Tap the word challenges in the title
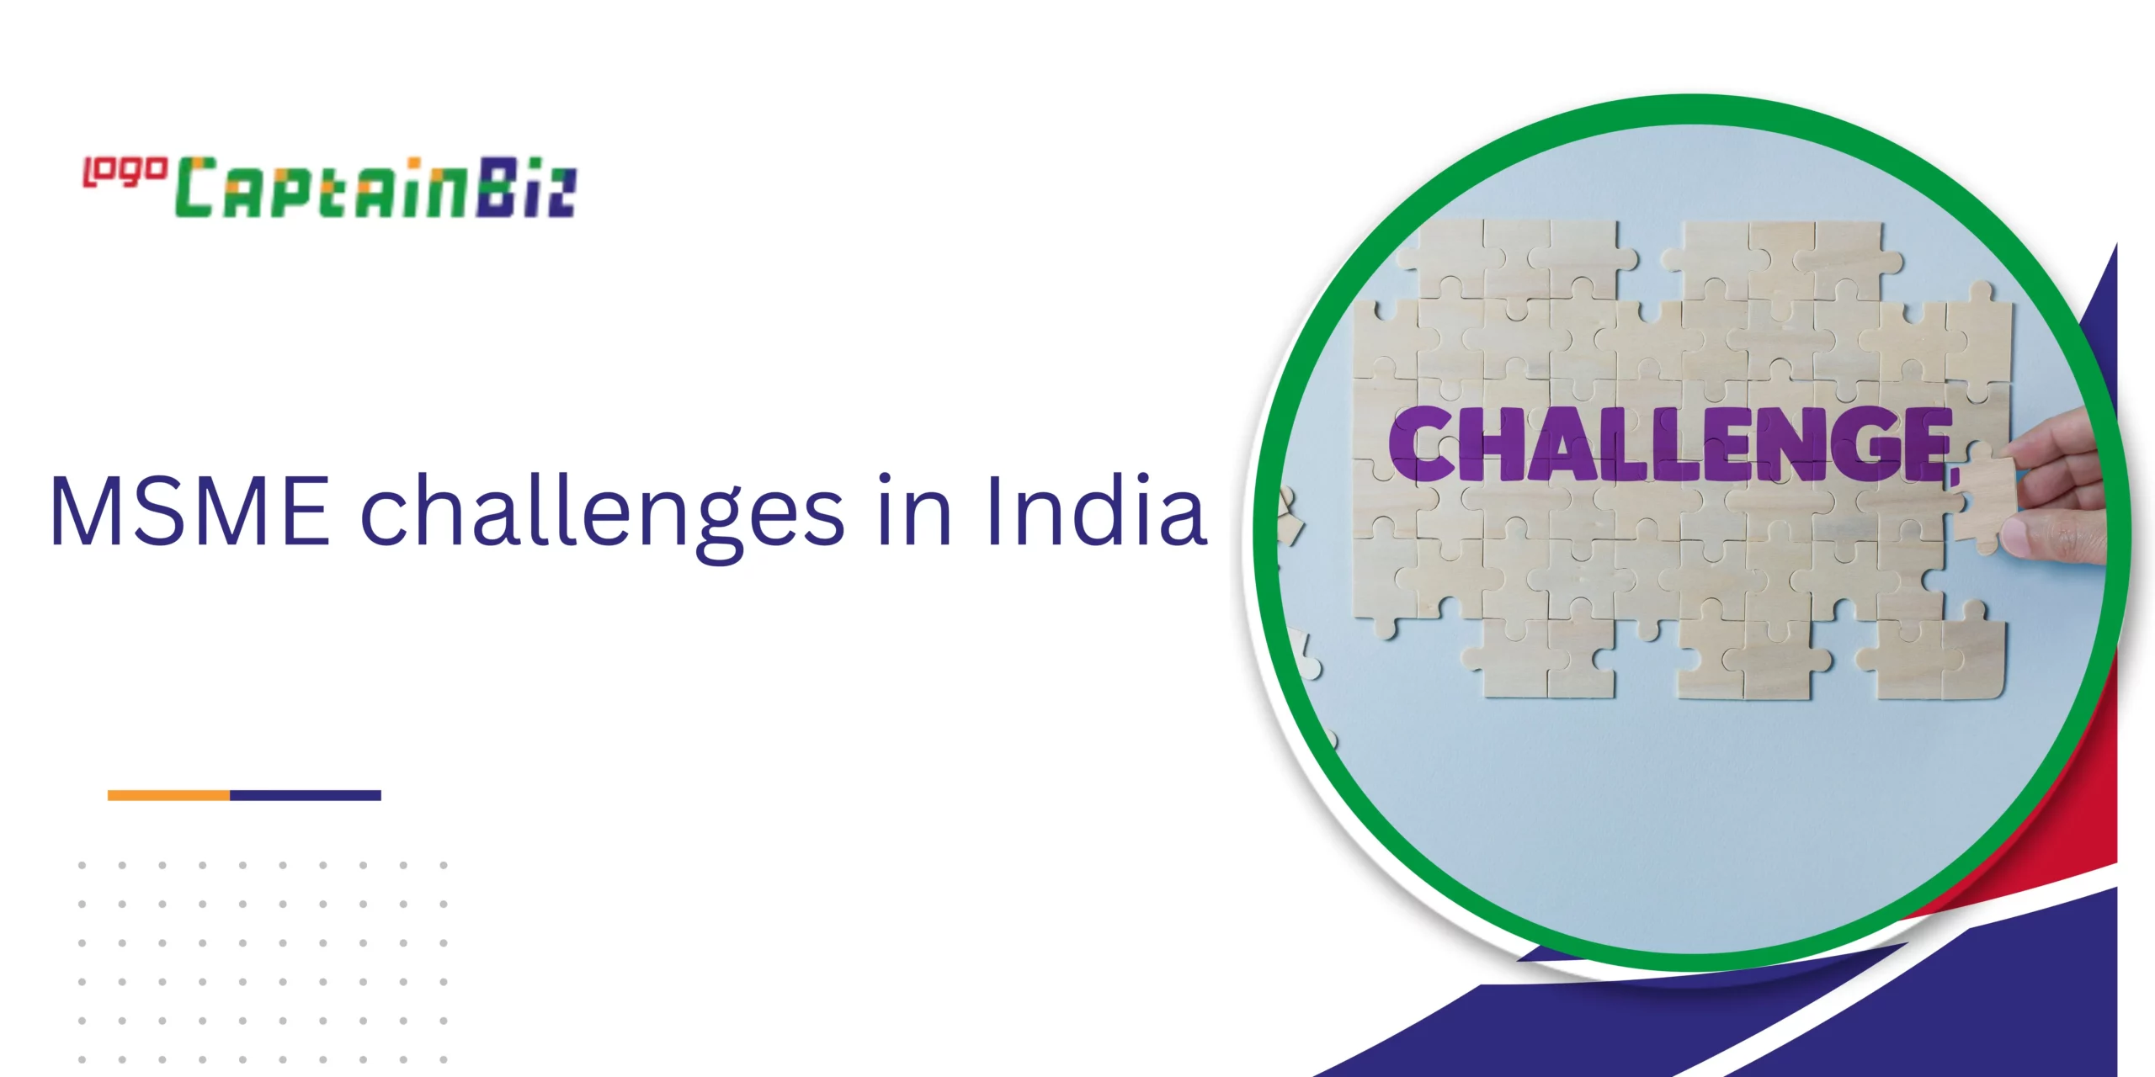602,515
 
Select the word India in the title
1096,508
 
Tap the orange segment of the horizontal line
168,795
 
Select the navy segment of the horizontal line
306,795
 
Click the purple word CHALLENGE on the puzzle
1670,443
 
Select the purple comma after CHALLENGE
1955,475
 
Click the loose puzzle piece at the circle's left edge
1290,515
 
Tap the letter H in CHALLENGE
1496,443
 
